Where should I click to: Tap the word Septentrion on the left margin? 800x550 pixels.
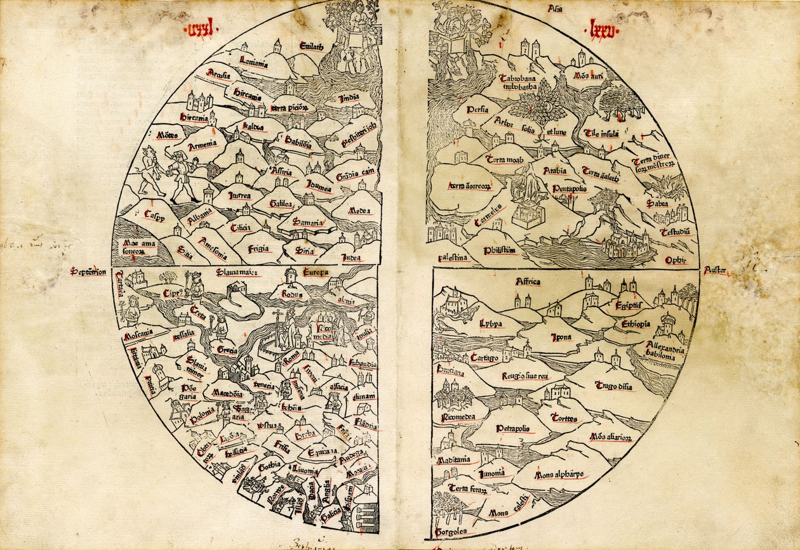[x=88, y=272]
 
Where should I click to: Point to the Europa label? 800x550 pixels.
[x=315, y=273]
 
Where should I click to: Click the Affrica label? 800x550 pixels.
[x=527, y=282]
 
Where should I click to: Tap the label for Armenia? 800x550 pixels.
[x=203, y=143]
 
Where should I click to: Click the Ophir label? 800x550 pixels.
[x=676, y=259]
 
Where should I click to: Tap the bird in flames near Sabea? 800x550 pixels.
[x=665, y=185]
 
